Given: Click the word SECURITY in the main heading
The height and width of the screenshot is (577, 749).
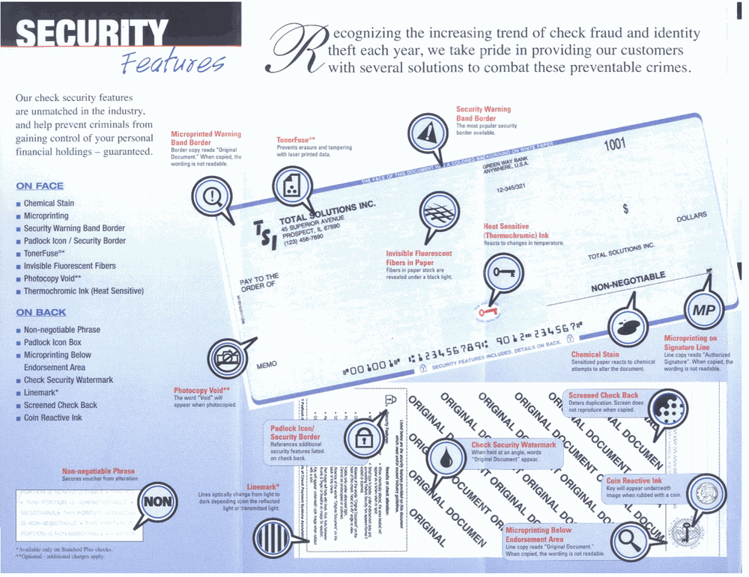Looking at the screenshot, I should (91, 34).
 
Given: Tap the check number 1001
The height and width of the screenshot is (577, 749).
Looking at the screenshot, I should (614, 144).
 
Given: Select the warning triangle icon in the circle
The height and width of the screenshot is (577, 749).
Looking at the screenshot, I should (427, 134).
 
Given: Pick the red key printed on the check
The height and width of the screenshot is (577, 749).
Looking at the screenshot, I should (488, 309).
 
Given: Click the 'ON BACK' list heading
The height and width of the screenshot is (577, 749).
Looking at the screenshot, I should (41, 312).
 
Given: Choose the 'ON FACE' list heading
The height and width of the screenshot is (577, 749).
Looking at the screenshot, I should (40, 186).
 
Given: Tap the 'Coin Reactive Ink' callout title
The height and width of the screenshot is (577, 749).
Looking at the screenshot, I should (634, 481).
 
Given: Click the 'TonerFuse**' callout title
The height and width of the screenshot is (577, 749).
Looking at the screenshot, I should (296, 139).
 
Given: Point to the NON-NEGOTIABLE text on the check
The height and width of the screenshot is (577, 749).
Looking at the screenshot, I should (628, 282).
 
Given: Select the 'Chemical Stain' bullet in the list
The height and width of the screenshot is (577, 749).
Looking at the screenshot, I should (49, 204).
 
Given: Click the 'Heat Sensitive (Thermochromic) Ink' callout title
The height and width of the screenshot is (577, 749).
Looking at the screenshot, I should (516, 231).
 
